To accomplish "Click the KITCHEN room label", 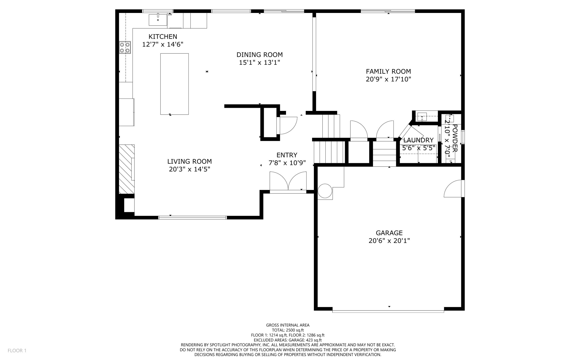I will (x=163, y=37).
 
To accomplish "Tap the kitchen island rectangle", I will (x=174, y=84).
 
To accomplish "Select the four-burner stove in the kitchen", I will (x=125, y=47).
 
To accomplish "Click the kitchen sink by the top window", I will (x=158, y=19).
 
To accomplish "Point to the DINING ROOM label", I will (x=259, y=55).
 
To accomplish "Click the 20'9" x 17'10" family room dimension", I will (x=388, y=79).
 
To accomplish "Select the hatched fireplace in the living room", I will (x=127, y=169).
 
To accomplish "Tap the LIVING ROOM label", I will (x=189, y=161).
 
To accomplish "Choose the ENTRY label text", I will (x=287, y=155).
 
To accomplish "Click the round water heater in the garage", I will (x=325, y=191).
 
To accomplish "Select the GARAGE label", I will (x=389, y=233).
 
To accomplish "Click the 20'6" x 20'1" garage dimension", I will (x=389, y=241).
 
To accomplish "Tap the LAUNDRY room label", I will (x=418, y=140).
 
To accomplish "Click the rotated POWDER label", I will (x=455, y=138).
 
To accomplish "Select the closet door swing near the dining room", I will (x=288, y=126).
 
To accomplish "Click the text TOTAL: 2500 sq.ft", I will (x=288, y=330).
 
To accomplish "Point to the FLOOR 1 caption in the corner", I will (x=17, y=350).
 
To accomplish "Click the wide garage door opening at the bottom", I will (x=388, y=311).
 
